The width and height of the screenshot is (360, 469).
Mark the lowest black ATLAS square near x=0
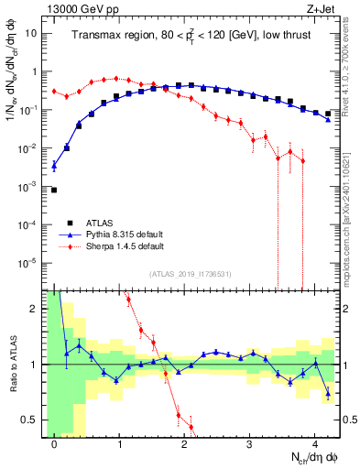(54, 190)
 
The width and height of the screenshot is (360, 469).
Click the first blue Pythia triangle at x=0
(54, 166)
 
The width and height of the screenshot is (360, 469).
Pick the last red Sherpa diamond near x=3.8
(302, 160)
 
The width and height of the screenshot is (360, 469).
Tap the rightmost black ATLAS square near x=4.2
(328, 114)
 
